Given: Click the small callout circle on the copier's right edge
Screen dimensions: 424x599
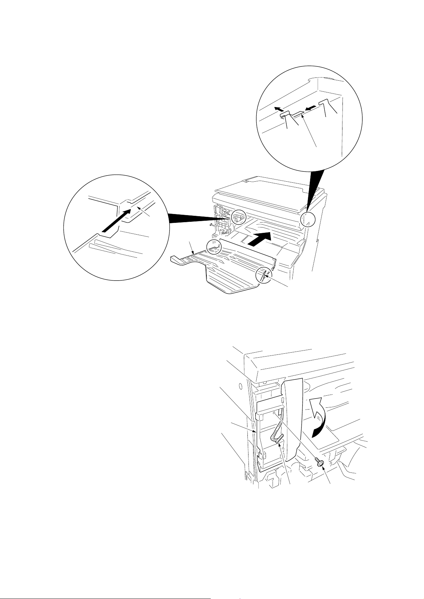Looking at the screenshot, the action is tap(308, 220).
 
